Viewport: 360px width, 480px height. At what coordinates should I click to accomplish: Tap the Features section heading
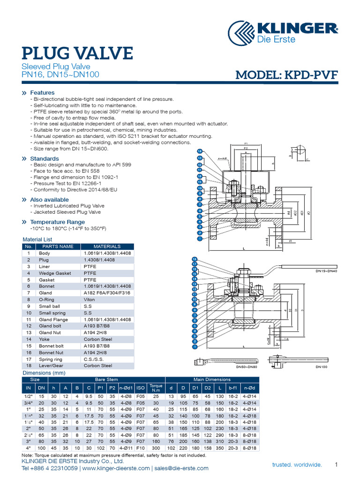tap(42, 93)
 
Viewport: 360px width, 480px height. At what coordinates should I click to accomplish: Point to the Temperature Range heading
tap(57, 222)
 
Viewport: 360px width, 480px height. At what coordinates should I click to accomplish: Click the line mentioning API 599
tap(81, 165)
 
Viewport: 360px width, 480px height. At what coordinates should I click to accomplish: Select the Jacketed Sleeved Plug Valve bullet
tap(67, 212)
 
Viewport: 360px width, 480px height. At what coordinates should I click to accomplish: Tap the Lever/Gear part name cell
tap(52, 366)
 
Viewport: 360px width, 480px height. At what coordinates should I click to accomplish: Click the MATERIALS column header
tap(107, 246)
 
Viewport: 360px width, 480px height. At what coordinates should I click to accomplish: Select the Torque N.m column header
tap(155, 388)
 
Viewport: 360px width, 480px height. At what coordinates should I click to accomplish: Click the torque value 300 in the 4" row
tap(156, 448)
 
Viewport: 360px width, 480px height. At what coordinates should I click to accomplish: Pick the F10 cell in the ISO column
tap(141, 448)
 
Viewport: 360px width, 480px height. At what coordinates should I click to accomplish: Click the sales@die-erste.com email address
tap(181, 468)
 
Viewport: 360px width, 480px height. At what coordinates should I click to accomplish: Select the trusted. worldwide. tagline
tap(297, 465)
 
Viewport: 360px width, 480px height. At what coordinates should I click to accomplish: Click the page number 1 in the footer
tap(336, 465)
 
